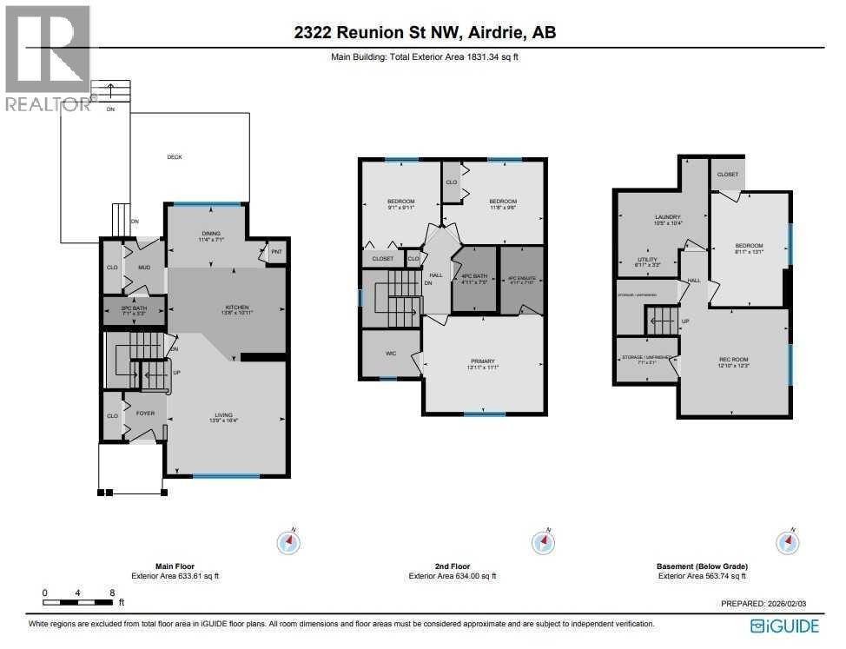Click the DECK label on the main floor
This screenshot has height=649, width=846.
(175, 157)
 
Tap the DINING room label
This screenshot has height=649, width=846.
(210, 234)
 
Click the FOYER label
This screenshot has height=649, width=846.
(145, 414)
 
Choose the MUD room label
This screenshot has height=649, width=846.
(144, 268)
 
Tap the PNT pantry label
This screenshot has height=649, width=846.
(276, 253)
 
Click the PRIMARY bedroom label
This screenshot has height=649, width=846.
(482, 361)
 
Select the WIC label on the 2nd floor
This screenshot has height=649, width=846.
(391, 354)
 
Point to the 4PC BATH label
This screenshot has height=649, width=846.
(473, 276)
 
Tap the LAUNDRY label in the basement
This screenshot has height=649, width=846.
(667, 217)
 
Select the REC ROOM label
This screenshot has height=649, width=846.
(733, 360)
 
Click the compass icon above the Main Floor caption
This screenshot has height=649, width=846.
(288, 542)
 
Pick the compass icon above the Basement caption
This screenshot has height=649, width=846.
(787, 542)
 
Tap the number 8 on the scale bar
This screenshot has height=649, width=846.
(112, 593)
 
